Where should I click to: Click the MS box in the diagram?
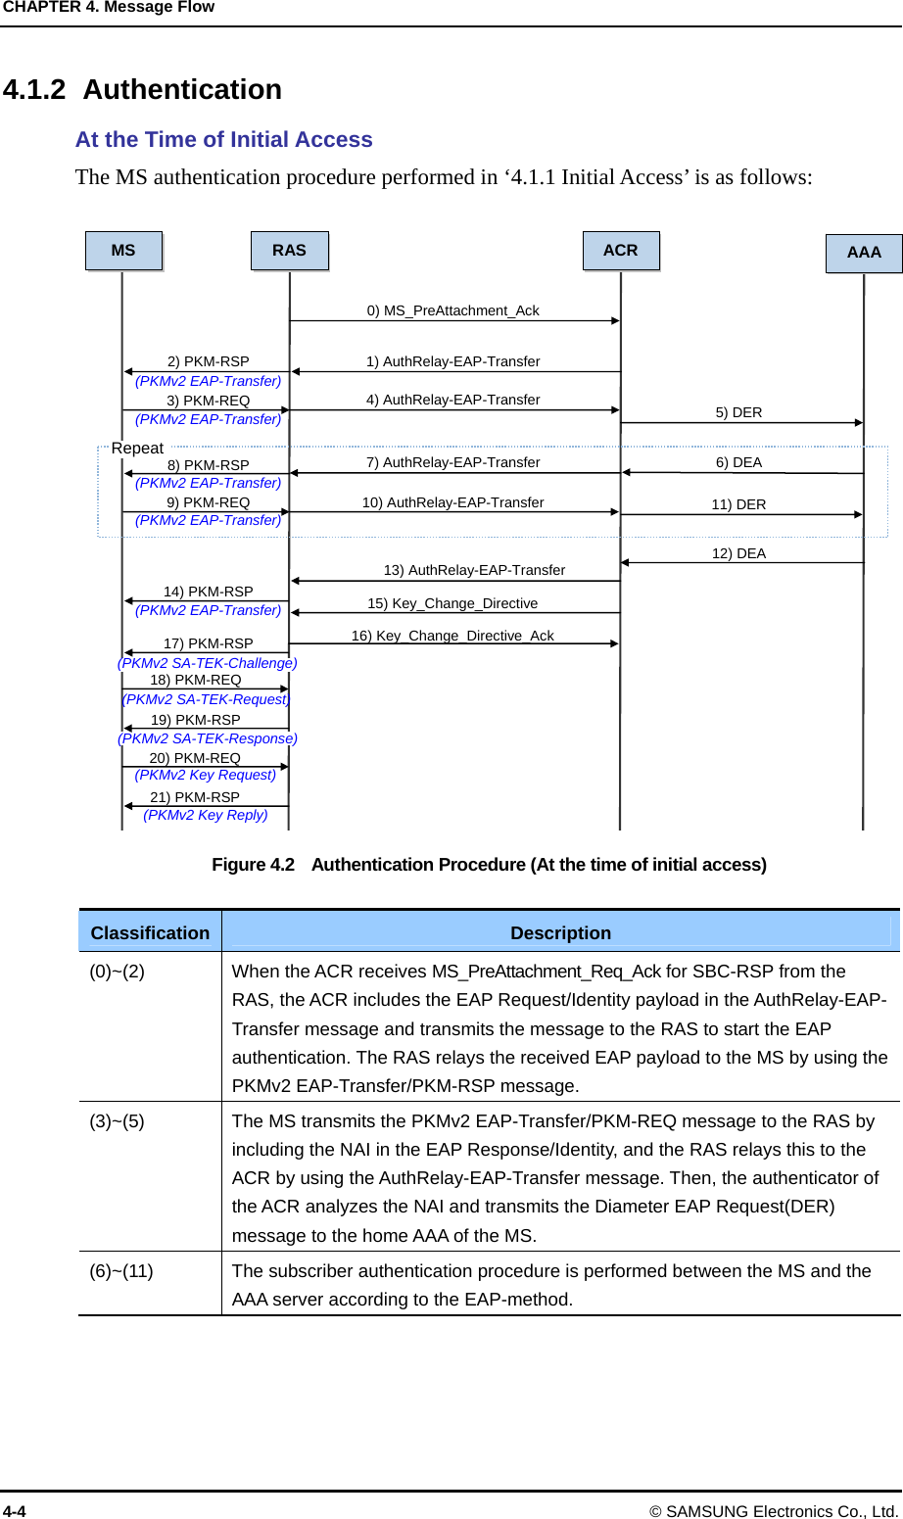[x=123, y=251]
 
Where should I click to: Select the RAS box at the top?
[x=289, y=251]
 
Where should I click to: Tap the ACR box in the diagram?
[x=621, y=251]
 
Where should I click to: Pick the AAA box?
[x=864, y=253]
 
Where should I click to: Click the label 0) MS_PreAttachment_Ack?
[x=452, y=310]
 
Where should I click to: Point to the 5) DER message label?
[x=738, y=412]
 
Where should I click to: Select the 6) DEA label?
[x=738, y=462]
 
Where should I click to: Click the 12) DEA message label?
[x=738, y=553]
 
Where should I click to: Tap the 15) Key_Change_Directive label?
[x=452, y=603]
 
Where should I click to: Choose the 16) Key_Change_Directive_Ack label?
[x=452, y=636]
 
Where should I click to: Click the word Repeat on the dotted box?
[x=137, y=448]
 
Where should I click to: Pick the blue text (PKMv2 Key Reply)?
[x=206, y=815]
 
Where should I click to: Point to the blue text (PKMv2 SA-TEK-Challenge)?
[x=208, y=663]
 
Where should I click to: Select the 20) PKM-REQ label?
[x=195, y=758]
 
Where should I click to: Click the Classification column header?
[x=150, y=933]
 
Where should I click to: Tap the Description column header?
[x=560, y=933]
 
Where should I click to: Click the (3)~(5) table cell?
[x=118, y=1121]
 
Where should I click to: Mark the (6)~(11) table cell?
[x=121, y=1271]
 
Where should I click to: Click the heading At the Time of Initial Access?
[x=224, y=140]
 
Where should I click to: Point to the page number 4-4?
[x=15, y=1511]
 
